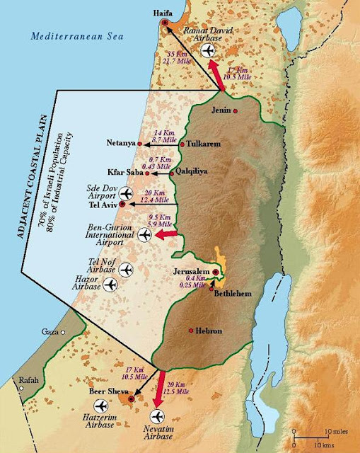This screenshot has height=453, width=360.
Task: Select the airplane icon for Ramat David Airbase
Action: [207, 50]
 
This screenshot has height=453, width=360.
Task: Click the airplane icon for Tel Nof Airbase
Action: [127, 269]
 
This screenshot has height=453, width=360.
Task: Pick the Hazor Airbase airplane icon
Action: [110, 285]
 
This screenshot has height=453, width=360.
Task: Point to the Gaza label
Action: [50, 331]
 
